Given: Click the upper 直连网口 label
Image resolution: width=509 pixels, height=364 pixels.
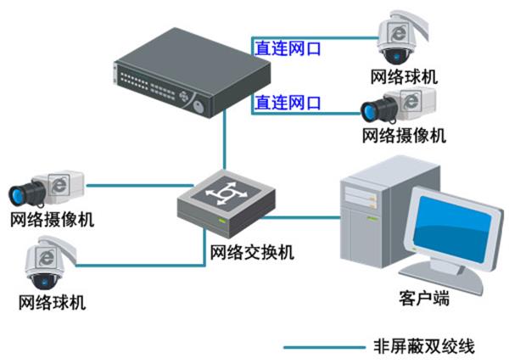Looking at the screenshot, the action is coord(288,48).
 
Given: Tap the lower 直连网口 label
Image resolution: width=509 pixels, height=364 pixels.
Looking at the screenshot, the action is coord(288,103).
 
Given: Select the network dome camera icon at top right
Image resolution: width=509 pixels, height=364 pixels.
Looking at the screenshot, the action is coord(402,37).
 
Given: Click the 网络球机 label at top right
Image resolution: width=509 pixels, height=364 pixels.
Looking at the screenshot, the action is coord(404,77).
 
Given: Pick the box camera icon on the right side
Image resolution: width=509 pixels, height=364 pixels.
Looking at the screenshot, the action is coord(399,105).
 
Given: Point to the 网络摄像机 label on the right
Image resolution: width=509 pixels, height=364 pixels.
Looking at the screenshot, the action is coord(404,136).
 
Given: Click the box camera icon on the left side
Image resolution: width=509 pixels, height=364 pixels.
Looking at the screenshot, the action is coord(47,188).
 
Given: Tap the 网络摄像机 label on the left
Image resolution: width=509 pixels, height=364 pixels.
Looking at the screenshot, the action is coord(53,220).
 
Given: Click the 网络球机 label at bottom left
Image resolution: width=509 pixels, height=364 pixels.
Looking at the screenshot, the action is coord(53,302).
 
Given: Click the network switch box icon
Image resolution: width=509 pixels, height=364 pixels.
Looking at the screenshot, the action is coord(227,204).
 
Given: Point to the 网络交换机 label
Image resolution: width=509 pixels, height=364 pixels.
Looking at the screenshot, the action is coord(252,252).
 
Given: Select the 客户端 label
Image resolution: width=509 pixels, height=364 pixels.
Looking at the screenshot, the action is coord(424,298).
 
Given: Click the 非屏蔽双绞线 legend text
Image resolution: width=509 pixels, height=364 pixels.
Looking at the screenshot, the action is coord(424,346).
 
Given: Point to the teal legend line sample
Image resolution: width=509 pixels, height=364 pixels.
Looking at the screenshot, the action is coord(325,347).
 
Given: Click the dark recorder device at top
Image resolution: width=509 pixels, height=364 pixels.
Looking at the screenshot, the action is coord(193,72).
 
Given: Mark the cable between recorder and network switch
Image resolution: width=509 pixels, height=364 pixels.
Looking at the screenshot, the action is coord(224,141).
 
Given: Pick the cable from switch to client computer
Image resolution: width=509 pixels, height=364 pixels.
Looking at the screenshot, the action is coord(300,217).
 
